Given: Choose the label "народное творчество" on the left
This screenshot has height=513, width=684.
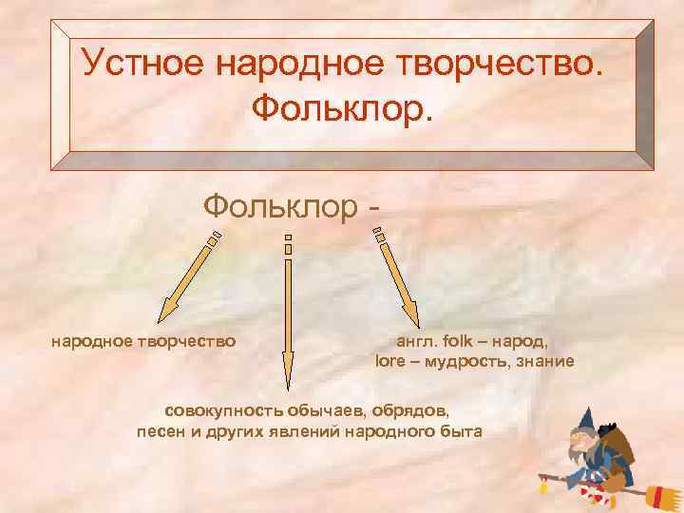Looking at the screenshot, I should coord(143,339).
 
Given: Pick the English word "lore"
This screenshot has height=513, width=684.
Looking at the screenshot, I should coord(391,362).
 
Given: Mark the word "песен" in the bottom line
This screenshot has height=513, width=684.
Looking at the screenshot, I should coord(163,432).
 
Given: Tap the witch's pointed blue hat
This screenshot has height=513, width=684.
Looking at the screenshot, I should coord(585,418).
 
